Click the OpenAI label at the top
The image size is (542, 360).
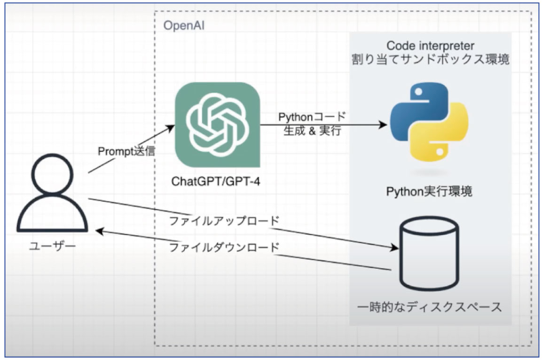pos(184,25)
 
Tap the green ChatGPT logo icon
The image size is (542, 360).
pos(218,125)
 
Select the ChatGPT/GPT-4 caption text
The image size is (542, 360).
pos(216,181)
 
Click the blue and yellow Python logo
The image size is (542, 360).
pos(429,122)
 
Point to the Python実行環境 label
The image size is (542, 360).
pos(429,191)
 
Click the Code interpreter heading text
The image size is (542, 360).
pos(430,46)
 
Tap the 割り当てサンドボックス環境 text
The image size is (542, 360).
pos(430,59)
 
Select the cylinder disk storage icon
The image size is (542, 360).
pos(429,254)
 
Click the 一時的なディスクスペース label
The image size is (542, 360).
pos(429,306)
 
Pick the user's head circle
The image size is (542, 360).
pos(53,173)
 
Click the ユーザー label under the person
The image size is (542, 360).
pos(53,246)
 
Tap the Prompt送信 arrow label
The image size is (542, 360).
pos(126,151)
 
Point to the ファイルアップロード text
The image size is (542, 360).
pos(224,221)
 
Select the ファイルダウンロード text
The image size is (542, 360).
pos(224,247)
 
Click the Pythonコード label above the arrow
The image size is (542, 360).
pos(312,117)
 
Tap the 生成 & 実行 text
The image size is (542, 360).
pos(312,131)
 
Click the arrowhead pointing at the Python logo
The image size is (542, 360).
pos(383,125)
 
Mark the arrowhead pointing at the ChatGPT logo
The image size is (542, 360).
pos(170,128)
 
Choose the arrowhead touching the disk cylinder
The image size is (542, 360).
pos(394,247)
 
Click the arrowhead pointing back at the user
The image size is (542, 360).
pos(100,231)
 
